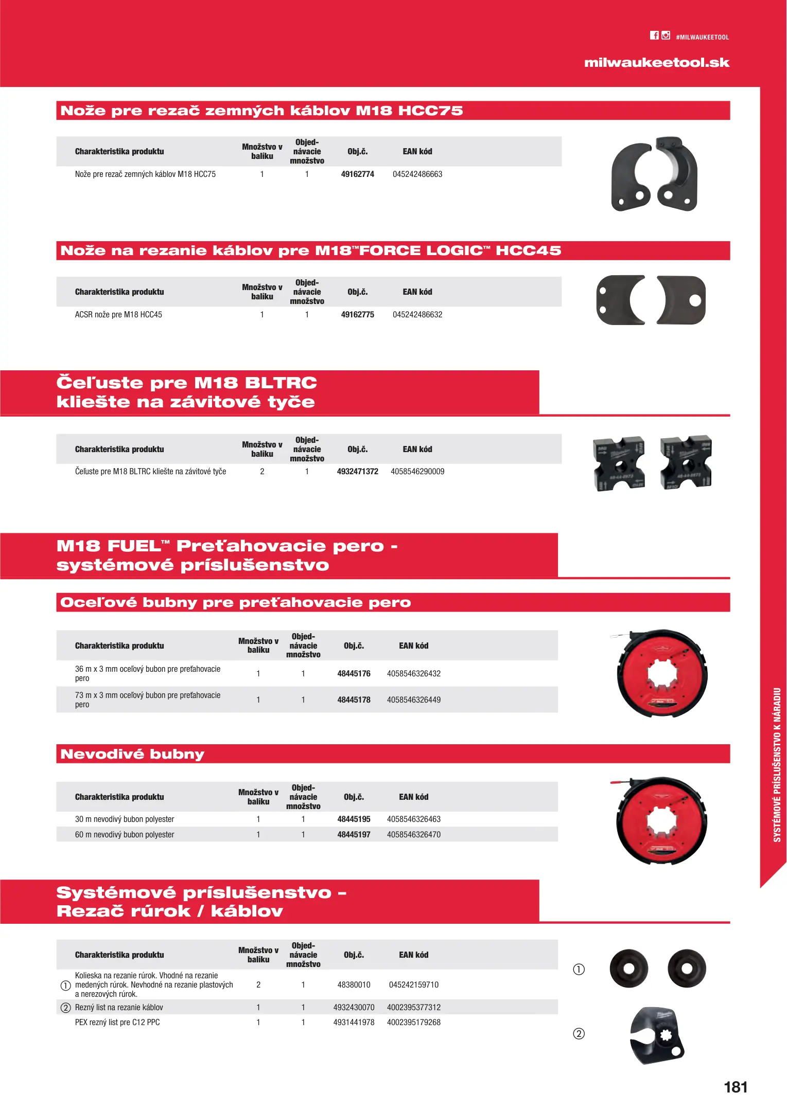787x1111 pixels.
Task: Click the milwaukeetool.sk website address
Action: tap(656, 63)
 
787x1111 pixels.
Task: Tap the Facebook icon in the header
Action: tap(654, 35)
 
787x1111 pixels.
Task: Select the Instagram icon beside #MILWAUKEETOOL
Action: tap(666, 35)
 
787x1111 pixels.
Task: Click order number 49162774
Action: tap(357, 174)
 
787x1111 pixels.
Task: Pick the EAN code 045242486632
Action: tap(417, 315)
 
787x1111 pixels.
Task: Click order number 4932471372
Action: tap(357, 472)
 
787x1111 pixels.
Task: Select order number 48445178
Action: tap(354, 700)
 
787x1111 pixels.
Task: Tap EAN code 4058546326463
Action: tap(413, 819)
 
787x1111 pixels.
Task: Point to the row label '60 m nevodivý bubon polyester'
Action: tap(125, 835)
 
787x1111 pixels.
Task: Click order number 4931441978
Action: tap(354, 1023)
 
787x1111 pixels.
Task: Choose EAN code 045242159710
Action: tap(413, 985)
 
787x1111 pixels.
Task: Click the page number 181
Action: tap(736, 1087)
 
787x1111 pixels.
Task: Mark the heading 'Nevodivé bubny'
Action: tap(132, 754)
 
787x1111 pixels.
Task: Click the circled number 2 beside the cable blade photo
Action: tap(579, 1034)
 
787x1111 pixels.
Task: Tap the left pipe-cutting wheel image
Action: tap(628, 969)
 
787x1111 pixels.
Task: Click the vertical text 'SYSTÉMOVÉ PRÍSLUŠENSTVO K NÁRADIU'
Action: tap(777, 765)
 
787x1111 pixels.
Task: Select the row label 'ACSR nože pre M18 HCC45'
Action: tap(118, 315)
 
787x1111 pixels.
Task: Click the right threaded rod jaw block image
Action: tap(686, 463)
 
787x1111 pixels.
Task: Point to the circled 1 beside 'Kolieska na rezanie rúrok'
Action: tap(65, 985)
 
